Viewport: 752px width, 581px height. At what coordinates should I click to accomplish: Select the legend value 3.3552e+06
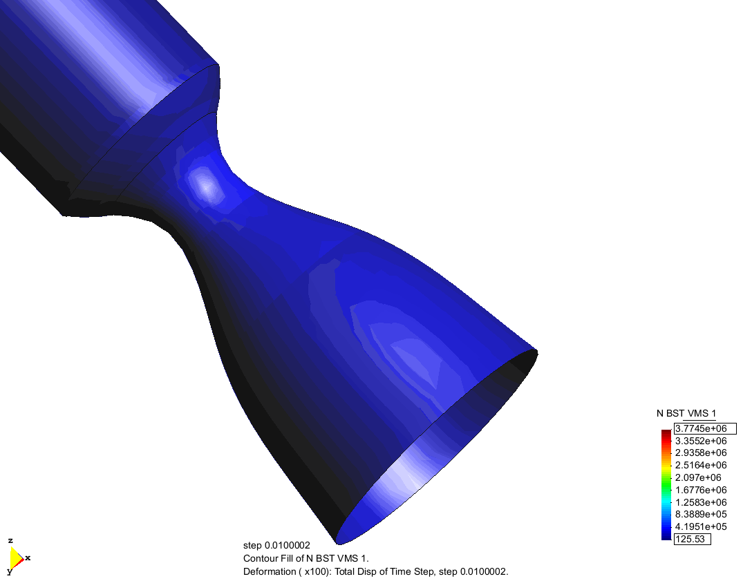(701, 441)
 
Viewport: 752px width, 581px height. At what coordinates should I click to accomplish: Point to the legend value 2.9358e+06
(701, 453)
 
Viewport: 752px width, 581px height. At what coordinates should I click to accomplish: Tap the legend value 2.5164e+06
(701, 465)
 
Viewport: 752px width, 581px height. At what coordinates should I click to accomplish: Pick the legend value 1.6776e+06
(701, 490)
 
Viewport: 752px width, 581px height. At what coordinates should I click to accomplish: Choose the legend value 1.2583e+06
(701, 502)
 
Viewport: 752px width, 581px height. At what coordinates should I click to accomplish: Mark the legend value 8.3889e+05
(701, 515)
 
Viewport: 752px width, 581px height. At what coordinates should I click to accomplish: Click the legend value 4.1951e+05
(701, 526)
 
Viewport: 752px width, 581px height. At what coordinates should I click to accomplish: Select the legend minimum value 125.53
(692, 539)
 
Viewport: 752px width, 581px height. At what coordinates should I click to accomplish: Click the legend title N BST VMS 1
(686, 413)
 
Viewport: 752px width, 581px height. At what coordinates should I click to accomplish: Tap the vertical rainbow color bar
(666, 484)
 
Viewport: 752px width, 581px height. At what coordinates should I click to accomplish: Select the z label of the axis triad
(10, 540)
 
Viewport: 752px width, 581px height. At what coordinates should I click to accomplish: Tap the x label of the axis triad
(28, 557)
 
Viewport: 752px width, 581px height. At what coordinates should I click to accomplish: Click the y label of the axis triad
(10, 571)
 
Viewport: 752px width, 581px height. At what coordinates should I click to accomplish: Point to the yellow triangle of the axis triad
(15, 557)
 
